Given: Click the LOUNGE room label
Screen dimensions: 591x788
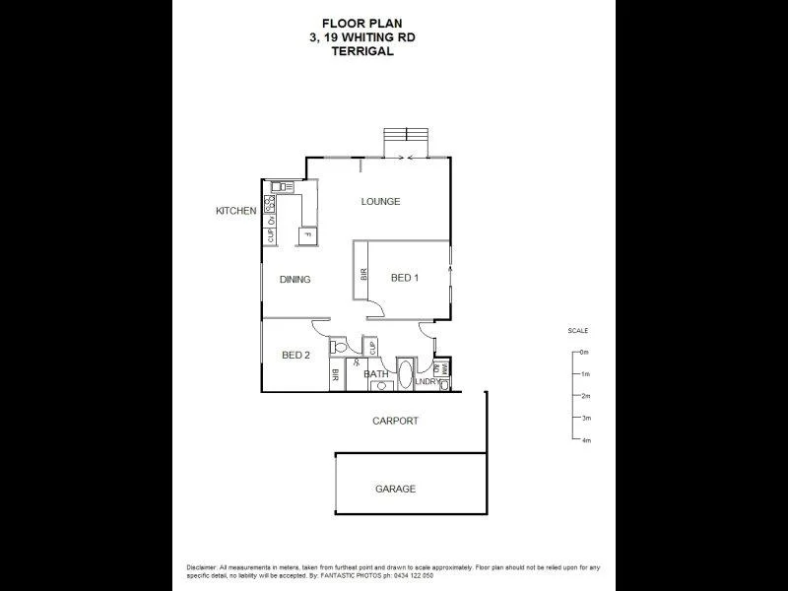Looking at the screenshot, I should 380,202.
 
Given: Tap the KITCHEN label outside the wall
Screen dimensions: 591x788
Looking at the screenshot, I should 236,211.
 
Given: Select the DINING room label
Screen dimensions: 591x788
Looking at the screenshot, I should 295,280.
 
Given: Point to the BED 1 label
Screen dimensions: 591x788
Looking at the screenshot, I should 405,278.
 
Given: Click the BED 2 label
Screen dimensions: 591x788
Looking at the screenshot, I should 296,356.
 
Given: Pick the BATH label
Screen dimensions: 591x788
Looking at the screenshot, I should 375,374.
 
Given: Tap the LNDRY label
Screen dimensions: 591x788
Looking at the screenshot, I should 426,382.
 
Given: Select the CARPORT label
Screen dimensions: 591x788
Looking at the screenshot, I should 395,421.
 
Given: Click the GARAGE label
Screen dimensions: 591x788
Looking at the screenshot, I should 395,489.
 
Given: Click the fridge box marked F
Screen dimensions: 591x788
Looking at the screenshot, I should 307,236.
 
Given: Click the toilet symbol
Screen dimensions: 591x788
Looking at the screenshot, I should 340,347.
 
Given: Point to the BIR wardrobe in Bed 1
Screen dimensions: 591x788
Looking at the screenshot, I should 362,277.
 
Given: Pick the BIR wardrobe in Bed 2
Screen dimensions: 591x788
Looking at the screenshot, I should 336,375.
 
